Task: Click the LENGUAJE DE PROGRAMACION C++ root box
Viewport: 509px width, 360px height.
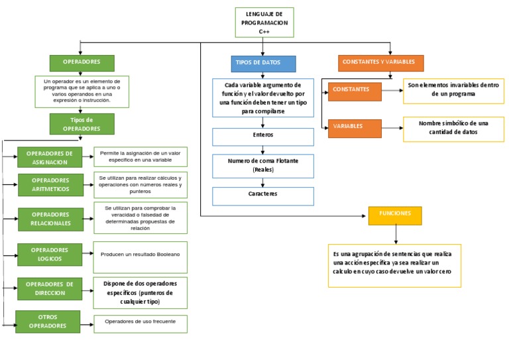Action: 264,23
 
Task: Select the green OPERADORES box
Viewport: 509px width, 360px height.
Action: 82,62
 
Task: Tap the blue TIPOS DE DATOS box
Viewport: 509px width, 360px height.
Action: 262,63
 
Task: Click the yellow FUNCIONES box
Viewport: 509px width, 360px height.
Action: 395,215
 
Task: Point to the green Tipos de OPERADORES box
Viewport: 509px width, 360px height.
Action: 82,124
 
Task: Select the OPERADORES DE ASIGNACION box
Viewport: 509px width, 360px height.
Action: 49,157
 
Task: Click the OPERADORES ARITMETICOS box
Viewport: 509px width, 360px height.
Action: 50,185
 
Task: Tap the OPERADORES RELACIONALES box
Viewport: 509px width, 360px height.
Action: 50,219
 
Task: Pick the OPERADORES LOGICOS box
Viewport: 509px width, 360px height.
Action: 50,255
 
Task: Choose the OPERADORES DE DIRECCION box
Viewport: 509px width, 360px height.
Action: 50,288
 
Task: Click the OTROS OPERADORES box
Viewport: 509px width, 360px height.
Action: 48,322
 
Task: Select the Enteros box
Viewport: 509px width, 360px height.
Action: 263,137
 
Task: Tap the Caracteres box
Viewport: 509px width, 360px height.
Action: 263,196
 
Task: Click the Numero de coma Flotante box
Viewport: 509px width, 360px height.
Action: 263,165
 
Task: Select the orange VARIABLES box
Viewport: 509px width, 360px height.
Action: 355,127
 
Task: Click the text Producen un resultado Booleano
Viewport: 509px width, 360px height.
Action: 141,255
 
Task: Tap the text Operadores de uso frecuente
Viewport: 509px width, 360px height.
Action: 141,322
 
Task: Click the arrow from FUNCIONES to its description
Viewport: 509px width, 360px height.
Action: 396,234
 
